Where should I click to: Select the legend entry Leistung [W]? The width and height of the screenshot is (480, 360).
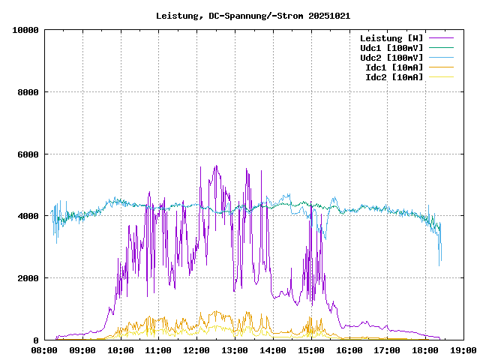391,37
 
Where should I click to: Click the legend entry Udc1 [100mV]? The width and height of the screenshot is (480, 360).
391,47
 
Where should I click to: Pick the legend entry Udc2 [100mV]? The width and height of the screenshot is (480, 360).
391,57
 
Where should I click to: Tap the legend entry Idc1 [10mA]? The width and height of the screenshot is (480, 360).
397,67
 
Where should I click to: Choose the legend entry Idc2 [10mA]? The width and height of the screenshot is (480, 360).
397,76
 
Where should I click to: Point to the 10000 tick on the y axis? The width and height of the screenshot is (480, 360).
26,30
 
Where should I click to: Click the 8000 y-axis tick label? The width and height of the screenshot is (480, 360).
28,92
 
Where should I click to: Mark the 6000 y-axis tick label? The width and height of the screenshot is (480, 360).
28,154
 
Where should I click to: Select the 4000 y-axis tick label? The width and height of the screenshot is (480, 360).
28,216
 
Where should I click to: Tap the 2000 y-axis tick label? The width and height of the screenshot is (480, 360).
28,278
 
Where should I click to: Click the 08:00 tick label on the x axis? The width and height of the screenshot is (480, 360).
44,350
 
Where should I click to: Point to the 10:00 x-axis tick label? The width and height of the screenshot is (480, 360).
121,350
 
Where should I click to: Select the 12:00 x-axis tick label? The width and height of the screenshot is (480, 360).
196,350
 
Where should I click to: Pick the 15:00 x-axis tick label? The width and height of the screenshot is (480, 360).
311,350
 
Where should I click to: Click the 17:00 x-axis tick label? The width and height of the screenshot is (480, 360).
387,350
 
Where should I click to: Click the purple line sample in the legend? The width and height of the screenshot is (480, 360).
442,37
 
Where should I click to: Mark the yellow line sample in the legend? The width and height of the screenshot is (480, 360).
442,76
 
